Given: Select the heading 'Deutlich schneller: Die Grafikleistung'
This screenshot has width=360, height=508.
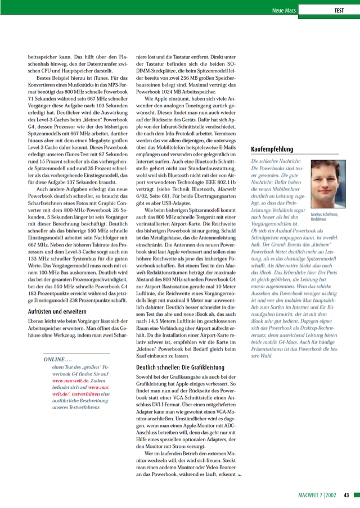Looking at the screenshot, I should (180, 366).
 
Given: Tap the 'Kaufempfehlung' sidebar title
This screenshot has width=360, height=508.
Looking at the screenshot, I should (272, 149).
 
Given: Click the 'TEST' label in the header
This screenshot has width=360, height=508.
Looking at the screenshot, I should (339, 10).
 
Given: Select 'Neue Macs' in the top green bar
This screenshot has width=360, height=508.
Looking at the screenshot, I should (284, 10).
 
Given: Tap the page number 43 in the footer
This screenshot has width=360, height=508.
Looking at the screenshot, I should (347, 495).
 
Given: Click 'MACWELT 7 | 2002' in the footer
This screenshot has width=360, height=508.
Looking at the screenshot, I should (318, 495).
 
